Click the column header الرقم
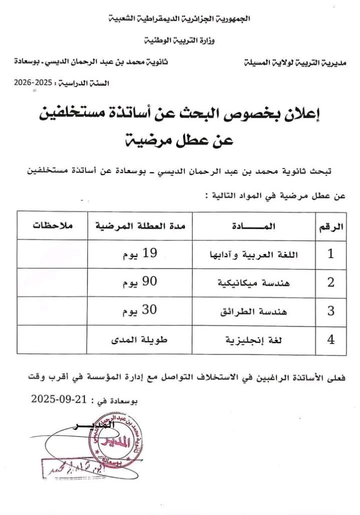(x=331, y=226)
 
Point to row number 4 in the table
(x=331, y=340)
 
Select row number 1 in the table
(x=331, y=254)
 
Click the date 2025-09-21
(x=60, y=399)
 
